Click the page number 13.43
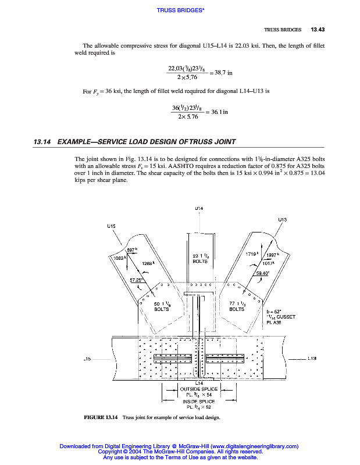(318, 30)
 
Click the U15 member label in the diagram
(111, 225)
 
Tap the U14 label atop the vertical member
(199, 208)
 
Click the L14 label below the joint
(199, 383)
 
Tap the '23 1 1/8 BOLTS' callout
(199, 258)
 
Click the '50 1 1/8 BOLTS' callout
(161, 306)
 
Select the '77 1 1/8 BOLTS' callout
(237, 306)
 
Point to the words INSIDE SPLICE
(199, 401)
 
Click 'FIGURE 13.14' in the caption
(101, 417)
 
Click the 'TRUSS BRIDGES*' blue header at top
(180, 10)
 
